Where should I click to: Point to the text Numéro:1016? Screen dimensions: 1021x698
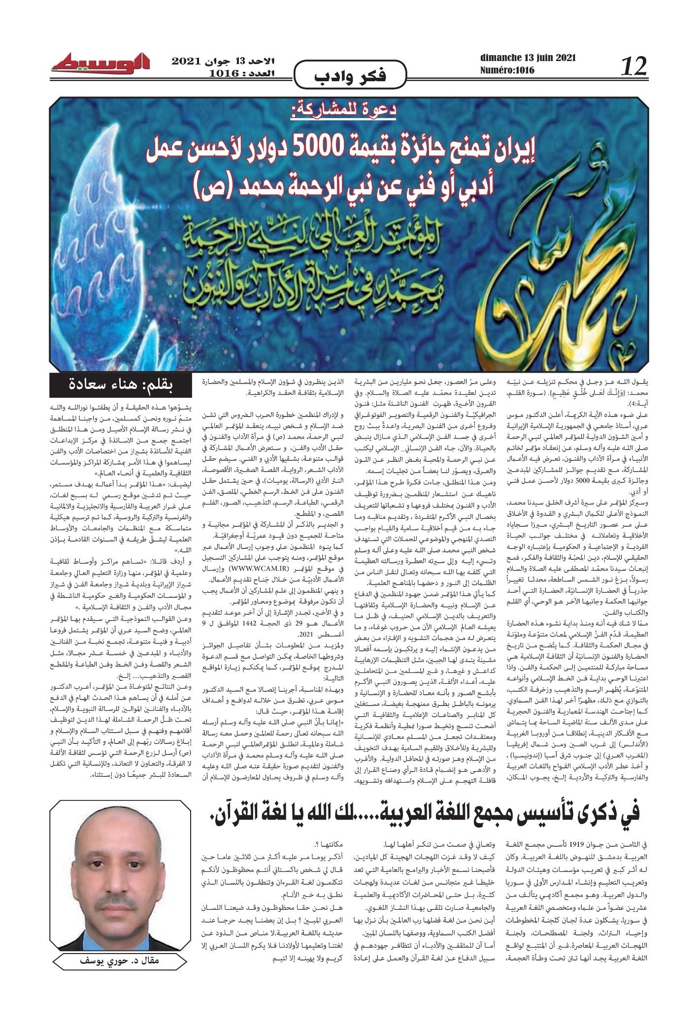507,71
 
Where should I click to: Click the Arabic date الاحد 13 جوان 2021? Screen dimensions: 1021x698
224,62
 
